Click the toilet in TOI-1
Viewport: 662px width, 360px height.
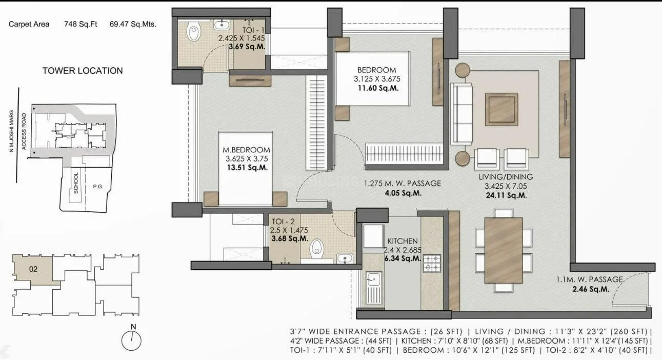193,33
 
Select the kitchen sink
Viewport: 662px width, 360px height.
373,285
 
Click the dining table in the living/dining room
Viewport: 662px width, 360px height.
503,250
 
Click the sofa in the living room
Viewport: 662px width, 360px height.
461,113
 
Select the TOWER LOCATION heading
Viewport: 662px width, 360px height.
83,71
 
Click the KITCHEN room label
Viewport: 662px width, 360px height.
403,241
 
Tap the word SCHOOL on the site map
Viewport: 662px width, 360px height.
76,182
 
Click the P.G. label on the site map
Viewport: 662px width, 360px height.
97,187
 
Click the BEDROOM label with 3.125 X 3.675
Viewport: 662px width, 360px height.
376,70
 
